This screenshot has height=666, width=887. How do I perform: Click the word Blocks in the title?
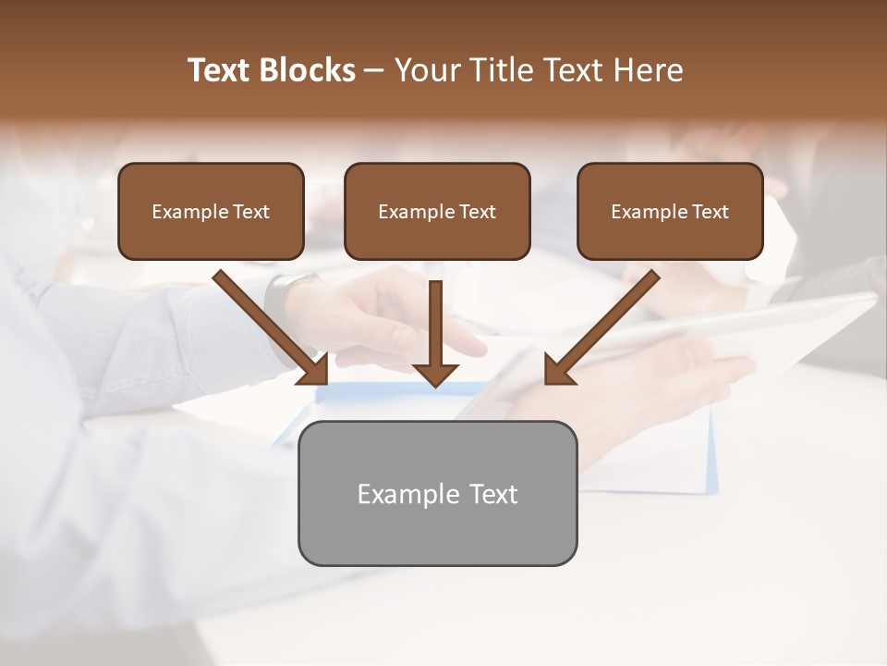click(x=308, y=70)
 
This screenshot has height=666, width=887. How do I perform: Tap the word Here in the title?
click(x=648, y=70)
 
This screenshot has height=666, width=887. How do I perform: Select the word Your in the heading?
click(x=426, y=70)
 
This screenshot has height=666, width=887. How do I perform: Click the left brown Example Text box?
click(x=211, y=211)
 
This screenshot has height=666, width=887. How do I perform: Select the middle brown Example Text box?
click(x=437, y=211)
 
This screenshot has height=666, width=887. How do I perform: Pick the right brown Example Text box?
click(x=670, y=211)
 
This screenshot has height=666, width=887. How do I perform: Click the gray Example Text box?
click(x=437, y=493)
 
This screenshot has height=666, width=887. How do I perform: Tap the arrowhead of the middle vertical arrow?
click(x=435, y=374)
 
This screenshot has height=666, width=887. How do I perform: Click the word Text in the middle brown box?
click(x=477, y=212)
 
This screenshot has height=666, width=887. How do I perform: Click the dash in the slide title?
click(x=374, y=70)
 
